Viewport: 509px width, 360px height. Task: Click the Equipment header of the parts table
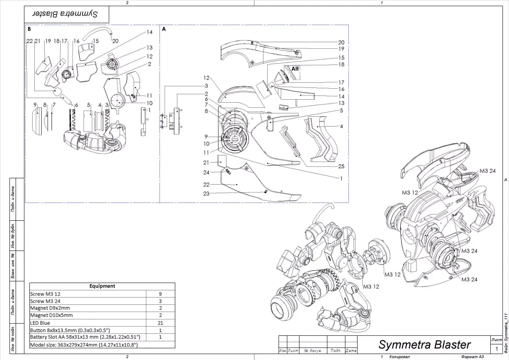click(x=102, y=286)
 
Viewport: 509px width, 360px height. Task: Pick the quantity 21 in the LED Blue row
click(x=160, y=323)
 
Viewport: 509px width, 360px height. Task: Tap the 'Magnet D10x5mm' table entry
click(x=51, y=315)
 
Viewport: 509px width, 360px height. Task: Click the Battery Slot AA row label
click(x=85, y=337)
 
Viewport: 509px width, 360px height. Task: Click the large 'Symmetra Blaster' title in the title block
click(x=424, y=344)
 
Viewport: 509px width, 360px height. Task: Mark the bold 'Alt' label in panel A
click(x=295, y=68)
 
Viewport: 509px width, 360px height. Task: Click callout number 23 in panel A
click(x=206, y=193)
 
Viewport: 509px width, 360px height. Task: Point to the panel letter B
click(x=29, y=29)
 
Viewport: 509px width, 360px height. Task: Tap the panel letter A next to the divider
click(x=164, y=29)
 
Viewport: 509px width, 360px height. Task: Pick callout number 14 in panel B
click(x=149, y=32)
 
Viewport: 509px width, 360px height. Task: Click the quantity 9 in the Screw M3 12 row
click(x=160, y=294)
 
